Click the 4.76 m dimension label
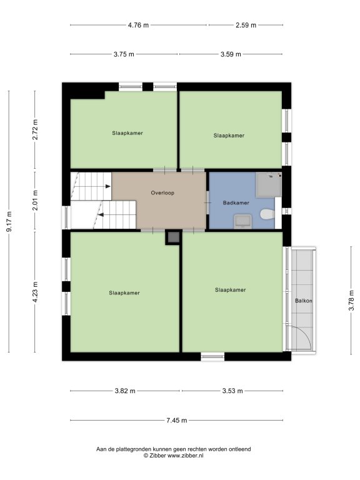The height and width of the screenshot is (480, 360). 138,25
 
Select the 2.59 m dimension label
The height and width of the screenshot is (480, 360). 246,25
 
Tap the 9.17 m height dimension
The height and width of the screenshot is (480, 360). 9,221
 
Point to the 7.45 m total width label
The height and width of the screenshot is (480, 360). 177,420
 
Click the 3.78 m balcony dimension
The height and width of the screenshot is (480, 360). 351,301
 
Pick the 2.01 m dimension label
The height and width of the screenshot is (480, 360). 35,200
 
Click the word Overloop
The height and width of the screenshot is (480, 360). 162,193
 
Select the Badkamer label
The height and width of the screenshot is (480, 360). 236,202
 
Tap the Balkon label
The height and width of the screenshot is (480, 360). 303,301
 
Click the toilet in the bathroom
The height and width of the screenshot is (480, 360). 267,214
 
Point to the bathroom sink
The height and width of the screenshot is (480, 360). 243,221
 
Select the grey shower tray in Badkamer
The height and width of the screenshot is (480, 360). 269,184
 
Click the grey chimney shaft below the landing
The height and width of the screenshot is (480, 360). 174,237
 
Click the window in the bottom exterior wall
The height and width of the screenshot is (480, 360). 212,356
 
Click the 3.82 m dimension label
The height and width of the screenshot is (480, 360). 125,391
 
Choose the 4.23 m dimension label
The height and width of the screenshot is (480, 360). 35,292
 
